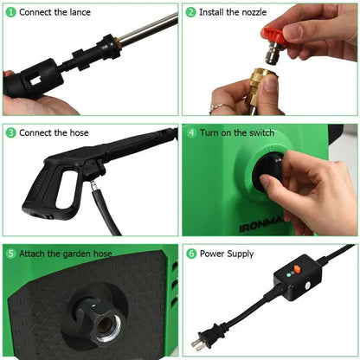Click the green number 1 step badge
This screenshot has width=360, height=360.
coord(11,12)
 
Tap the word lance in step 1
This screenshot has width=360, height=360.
coord(80,12)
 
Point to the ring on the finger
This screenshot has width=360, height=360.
coord(220,107)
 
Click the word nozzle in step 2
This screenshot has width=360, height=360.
coord(254,12)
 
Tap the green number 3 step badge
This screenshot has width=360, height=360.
coord(11,132)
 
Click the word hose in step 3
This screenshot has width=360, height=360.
coord(79,132)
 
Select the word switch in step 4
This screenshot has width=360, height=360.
coord(261,132)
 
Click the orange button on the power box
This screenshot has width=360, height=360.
coord(297,269)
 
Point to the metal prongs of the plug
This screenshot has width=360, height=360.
coord(197,344)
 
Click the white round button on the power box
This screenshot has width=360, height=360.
coord(307,286)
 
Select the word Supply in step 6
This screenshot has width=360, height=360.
coord(241,254)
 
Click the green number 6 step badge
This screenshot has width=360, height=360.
coord(191,254)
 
